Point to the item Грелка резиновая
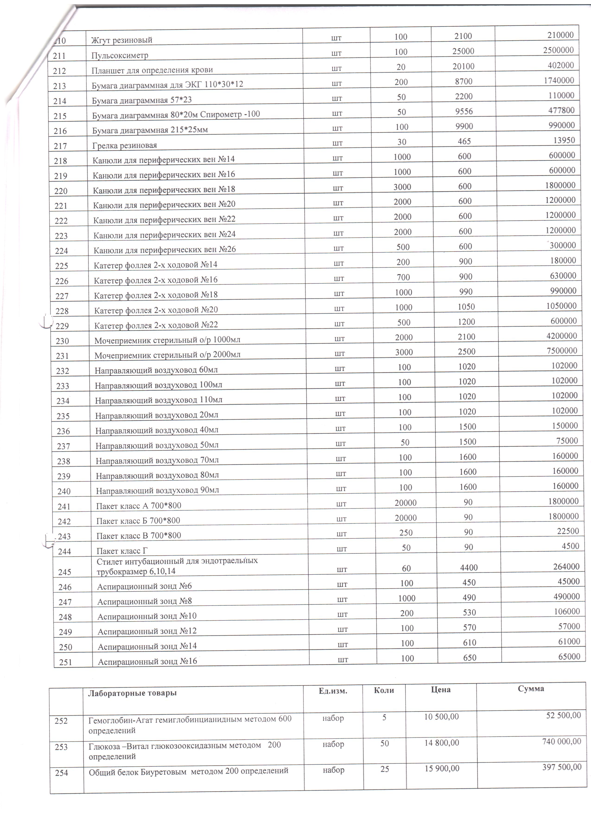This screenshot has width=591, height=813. point(124,145)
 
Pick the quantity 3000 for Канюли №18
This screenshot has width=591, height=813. point(402,187)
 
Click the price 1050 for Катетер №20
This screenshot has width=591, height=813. point(466,306)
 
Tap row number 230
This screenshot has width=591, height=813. point(62,341)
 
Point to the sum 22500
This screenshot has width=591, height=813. point(568,531)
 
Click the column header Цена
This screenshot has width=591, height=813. point(441,689)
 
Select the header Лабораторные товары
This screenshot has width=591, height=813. point(132,693)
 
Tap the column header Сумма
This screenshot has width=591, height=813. point(531,689)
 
